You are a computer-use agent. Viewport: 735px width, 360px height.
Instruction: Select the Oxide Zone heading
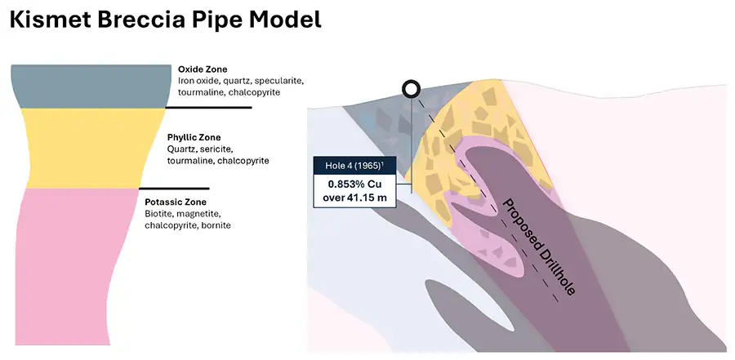pos(203,69)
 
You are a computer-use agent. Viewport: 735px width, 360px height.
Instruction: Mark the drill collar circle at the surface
pos(412,89)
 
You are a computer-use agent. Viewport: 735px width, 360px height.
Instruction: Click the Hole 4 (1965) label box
pos(359,166)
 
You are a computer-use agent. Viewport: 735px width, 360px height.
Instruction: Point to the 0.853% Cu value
pos(360,184)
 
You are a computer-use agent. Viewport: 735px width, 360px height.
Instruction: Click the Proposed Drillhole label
pos(539,249)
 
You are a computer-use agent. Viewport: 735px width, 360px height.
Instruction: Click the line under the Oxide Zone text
pos(208,107)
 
